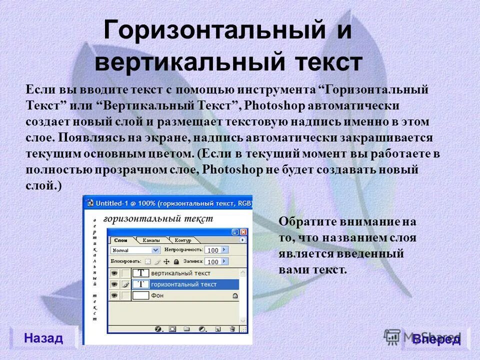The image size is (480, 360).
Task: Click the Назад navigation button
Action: (43, 338)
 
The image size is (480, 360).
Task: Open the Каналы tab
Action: (151, 240)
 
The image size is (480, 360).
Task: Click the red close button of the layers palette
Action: (243, 232)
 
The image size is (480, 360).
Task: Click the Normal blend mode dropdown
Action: (135, 249)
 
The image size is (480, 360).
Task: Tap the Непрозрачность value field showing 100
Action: (213, 249)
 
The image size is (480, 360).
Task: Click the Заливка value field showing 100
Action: (213, 261)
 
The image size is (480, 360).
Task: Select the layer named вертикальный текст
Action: (180, 273)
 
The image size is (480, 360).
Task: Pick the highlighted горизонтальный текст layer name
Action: (183, 284)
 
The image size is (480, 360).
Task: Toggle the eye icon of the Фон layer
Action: (114, 296)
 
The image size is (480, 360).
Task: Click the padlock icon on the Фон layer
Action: (235, 296)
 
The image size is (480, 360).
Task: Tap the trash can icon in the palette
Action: (232, 329)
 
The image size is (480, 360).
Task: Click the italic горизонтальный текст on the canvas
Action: (157, 218)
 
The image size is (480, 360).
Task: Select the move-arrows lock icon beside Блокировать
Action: (166, 261)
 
